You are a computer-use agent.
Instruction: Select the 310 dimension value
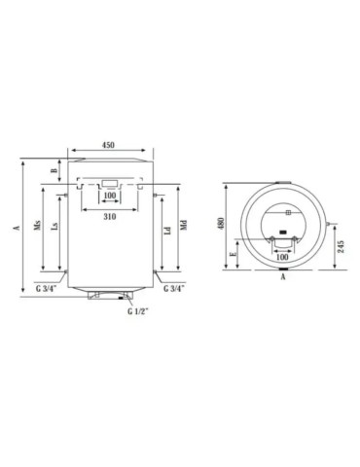[108, 216]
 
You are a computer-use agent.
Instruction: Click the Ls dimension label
[55, 234]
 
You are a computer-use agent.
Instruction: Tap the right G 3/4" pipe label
[173, 289]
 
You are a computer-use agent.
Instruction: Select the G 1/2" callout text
[138, 311]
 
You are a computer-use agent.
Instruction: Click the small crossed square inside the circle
[288, 211]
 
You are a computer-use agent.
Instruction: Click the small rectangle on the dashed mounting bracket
[109, 182]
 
